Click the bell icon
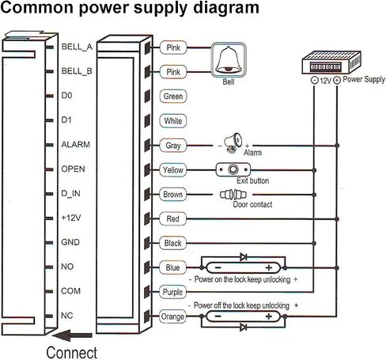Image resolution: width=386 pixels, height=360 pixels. (x=229, y=60)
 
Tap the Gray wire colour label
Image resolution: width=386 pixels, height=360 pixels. (x=173, y=146)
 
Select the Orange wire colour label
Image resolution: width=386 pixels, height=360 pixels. (x=172, y=316)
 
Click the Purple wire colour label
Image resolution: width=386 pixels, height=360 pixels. (x=172, y=292)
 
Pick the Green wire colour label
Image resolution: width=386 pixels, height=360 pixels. (x=173, y=97)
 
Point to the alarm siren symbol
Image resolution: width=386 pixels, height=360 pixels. (x=233, y=142)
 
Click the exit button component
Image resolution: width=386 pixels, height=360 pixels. (x=233, y=169)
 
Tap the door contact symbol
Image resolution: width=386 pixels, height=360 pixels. (x=233, y=195)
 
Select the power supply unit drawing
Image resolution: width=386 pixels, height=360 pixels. (x=331, y=63)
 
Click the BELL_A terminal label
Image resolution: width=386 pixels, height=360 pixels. (x=77, y=47)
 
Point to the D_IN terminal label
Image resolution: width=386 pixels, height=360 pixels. (x=70, y=194)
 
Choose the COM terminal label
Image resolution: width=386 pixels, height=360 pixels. (x=70, y=291)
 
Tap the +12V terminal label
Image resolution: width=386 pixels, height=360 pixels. (x=71, y=218)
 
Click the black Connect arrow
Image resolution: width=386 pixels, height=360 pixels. (x=72, y=335)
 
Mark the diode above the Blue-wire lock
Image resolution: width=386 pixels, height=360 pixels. (x=244, y=256)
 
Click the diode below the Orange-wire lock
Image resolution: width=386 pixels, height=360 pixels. (x=244, y=328)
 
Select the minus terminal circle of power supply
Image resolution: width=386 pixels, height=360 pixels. (x=314, y=80)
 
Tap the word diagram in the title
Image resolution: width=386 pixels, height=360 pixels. (x=226, y=7)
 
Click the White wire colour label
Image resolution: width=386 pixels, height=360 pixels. (x=173, y=121)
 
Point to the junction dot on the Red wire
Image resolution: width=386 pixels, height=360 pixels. (x=337, y=219)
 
